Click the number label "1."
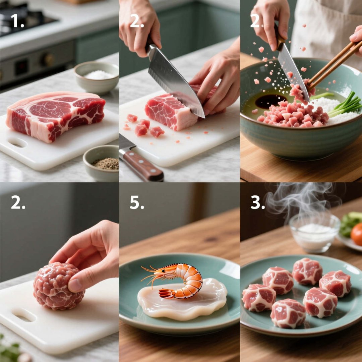click(x=18, y=21)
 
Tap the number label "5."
click(x=137, y=202)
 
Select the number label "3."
click(x=257, y=202)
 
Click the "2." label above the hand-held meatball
click(x=18, y=202)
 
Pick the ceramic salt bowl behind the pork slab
click(x=96, y=77)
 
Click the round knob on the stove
click(x=47, y=60)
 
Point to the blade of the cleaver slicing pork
click(x=174, y=80)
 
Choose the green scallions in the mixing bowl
click(x=345, y=106)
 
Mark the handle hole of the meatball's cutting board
click(x=23, y=315)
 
